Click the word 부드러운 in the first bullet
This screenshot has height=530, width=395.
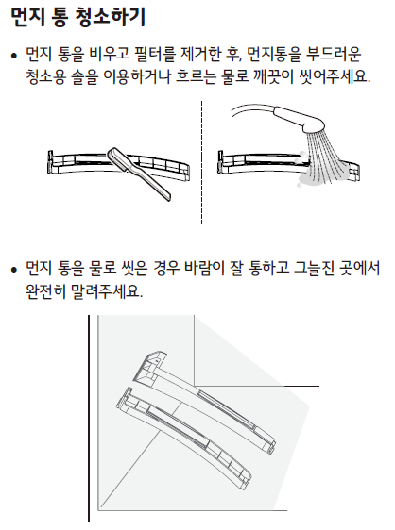pos(333,55)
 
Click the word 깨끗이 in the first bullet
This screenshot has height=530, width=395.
pos(273,76)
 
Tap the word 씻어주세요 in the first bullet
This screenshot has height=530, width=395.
pos(334,76)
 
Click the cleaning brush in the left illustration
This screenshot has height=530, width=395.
pos(139,174)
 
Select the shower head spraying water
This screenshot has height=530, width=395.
pos(301,120)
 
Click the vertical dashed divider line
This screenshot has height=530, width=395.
pos(201,162)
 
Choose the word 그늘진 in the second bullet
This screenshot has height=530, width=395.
pos(313,268)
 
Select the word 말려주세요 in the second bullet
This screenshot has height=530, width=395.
pos(107,290)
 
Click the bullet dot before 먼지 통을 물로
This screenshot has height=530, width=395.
pos(14,270)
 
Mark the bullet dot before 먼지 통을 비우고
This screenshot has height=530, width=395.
pos(14,56)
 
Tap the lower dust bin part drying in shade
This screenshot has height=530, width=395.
pos(183,439)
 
